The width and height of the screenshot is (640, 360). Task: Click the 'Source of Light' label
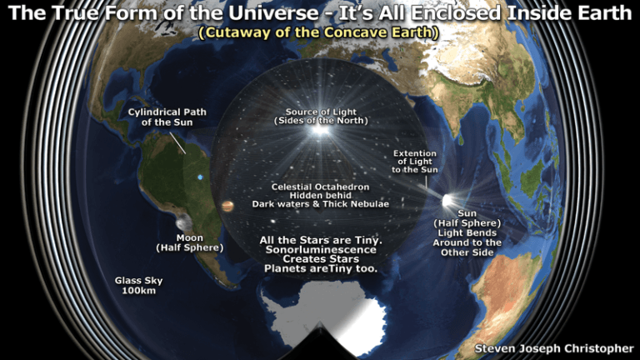319,112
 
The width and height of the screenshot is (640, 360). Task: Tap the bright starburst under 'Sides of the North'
319,131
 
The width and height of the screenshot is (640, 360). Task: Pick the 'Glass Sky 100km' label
139,286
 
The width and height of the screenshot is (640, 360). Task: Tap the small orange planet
226,206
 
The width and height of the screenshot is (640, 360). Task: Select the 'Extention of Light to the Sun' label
414,162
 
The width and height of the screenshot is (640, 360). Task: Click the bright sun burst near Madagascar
448,201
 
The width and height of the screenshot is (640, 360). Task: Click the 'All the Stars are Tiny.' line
321,240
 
